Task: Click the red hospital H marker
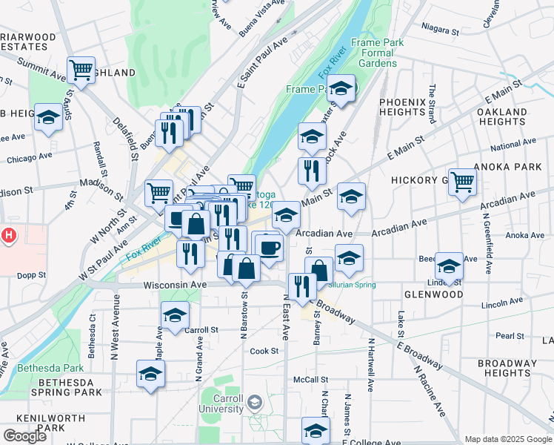click(x=8, y=237)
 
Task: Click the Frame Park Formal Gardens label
click(x=377, y=53)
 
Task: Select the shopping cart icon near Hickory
click(x=463, y=181)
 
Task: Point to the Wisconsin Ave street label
click(x=174, y=284)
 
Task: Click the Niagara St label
click(x=440, y=30)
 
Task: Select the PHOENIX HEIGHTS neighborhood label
click(x=401, y=107)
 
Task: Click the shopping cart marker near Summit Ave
click(x=81, y=70)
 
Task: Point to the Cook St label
click(x=264, y=351)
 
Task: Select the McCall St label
click(x=304, y=379)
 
